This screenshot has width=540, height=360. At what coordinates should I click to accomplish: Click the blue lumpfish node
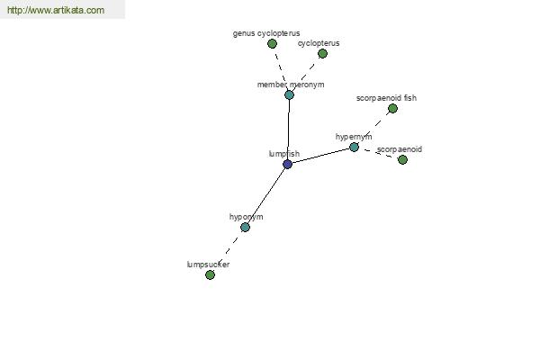click(288, 164)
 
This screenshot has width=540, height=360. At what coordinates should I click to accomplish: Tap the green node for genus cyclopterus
click(272, 44)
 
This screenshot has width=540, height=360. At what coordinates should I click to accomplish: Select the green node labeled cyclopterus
click(322, 53)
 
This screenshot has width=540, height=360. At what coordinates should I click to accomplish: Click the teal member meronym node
click(289, 94)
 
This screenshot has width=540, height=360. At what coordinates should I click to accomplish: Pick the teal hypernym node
click(354, 147)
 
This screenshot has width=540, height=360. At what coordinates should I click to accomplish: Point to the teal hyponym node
click(245, 227)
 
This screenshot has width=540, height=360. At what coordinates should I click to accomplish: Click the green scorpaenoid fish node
click(392, 109)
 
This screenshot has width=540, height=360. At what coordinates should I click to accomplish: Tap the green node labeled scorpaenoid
click(402, 159)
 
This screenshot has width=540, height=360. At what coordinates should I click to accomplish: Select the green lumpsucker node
click(210, 274)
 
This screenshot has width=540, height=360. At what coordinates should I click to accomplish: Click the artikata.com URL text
click(56, 10)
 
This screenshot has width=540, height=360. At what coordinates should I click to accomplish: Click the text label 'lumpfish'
click(284, 154)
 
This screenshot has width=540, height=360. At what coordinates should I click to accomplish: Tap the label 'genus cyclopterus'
click(266, 33)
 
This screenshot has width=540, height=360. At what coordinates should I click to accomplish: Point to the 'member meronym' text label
click(291, 85)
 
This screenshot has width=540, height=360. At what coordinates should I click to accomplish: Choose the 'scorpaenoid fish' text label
click(386, 98)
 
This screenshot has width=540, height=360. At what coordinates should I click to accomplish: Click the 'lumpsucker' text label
click(208, 265)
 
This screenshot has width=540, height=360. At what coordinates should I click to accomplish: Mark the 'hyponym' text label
click(247, 217)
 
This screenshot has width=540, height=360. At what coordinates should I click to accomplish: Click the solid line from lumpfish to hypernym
click(320, 156)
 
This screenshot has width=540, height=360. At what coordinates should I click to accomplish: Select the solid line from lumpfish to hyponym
click(266, 195)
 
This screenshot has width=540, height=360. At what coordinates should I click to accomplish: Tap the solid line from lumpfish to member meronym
click(289, 130)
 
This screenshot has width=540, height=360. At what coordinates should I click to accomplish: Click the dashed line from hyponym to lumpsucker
click(228, 251)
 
